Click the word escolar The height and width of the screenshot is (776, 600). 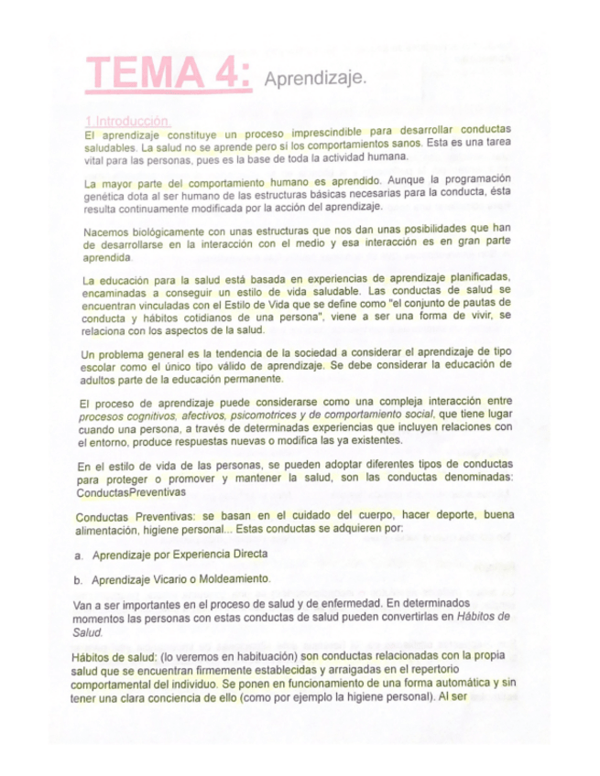point(100,366)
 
